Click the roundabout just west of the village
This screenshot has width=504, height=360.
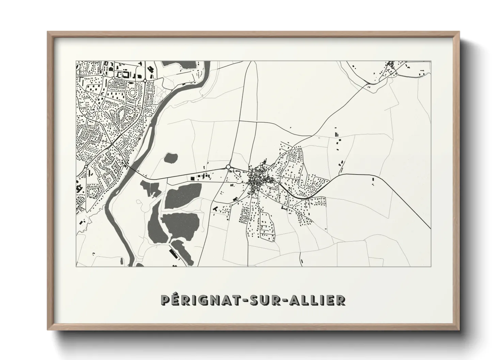(x=228, y=167)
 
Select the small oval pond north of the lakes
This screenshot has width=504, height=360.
(x=171, y=158)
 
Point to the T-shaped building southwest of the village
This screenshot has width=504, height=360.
(x=215, y=208)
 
